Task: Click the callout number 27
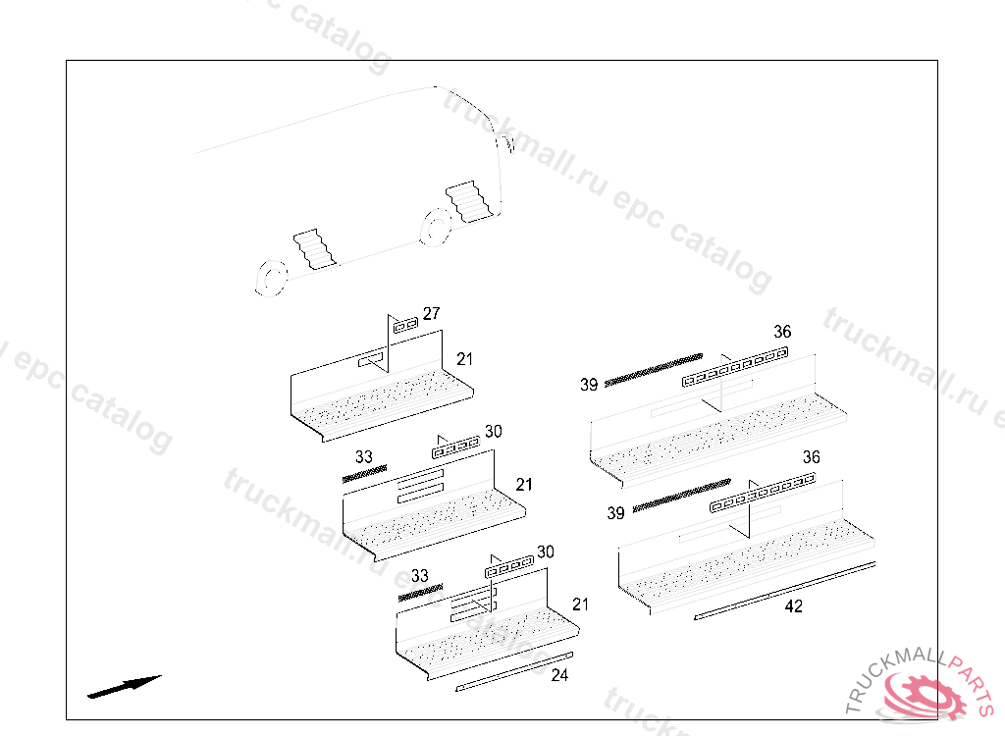click(431, 314)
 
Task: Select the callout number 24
click(559, 675)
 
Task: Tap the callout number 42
click(794, 606)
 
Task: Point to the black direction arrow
click(124, 686)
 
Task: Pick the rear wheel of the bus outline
click(269, 277)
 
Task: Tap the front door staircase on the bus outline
click(469, 200)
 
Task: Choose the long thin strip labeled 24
click(514, 670)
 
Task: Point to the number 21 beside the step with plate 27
click(465, 359)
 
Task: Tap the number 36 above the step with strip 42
click(812, 457)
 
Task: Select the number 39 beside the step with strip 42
click(615, 513)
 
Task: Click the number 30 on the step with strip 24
click(545, 552)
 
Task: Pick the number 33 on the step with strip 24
click(420, 576)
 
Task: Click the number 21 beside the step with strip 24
click(581, 605)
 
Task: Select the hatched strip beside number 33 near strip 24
click(419, 592)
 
